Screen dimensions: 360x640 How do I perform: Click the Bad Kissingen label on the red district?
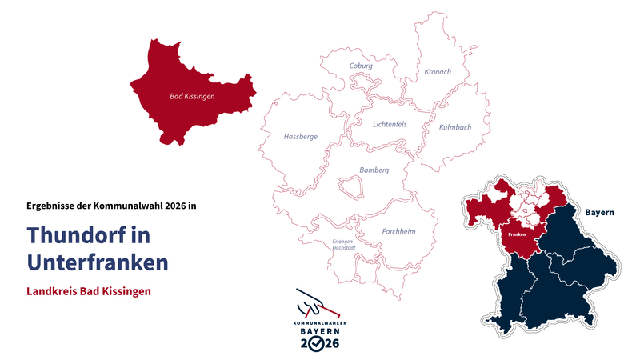click(x=192, y=96)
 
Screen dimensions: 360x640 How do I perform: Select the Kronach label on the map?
click(x=437, y=72)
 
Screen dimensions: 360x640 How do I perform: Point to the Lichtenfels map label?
click(x=390, y=124)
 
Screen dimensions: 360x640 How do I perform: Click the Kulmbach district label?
click(x=455, y=127)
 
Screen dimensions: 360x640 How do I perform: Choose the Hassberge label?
click(x=301, y=137)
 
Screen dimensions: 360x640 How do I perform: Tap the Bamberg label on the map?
click(x=374, y=170)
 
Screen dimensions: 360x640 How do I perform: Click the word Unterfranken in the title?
click(x=97, y=262)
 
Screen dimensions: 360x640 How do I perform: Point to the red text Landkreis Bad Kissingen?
click(x=89, y=291)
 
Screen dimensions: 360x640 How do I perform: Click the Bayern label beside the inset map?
click(x=599, y=213)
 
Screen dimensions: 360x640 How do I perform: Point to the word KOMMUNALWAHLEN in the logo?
click(x=320, y=322)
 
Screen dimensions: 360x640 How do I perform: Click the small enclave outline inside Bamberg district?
click(x=351, y=187)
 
